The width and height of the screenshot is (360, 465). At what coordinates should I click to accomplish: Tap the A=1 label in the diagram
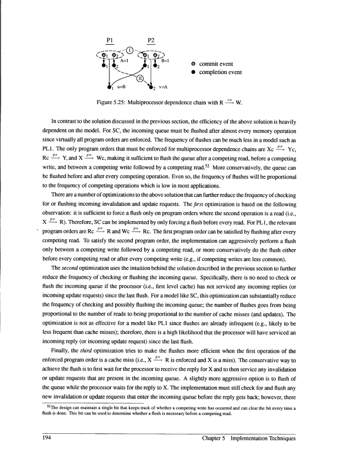coord(124,60)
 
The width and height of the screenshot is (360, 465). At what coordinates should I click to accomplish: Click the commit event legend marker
coord(194,64)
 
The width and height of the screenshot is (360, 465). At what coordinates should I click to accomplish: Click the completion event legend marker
coord(194,72)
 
